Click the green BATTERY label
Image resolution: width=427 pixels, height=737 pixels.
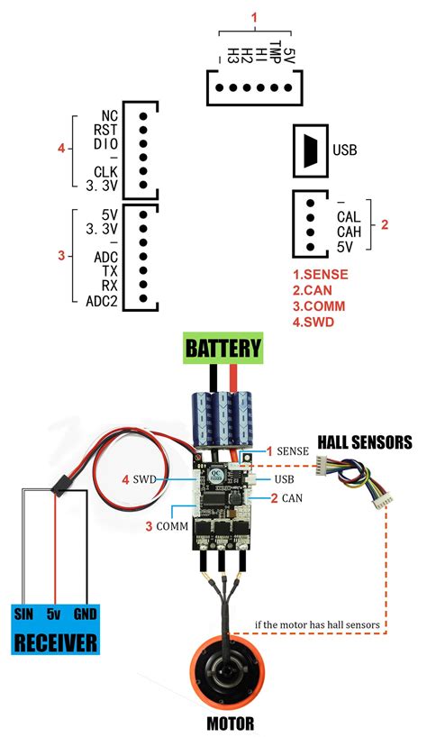tap(223, 347)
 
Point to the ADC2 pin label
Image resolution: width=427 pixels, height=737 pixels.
tap(103, 301)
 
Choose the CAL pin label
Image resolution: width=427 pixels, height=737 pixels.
tap(349, 217)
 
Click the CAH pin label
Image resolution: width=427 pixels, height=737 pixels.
tap(349, 231)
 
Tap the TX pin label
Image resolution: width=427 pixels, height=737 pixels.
tap(110, 271)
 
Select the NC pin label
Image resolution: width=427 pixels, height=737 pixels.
tap(110, 116)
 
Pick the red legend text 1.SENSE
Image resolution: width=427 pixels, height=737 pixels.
tap(320, 274)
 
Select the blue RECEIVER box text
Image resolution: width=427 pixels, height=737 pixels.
tap(55, 643)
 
